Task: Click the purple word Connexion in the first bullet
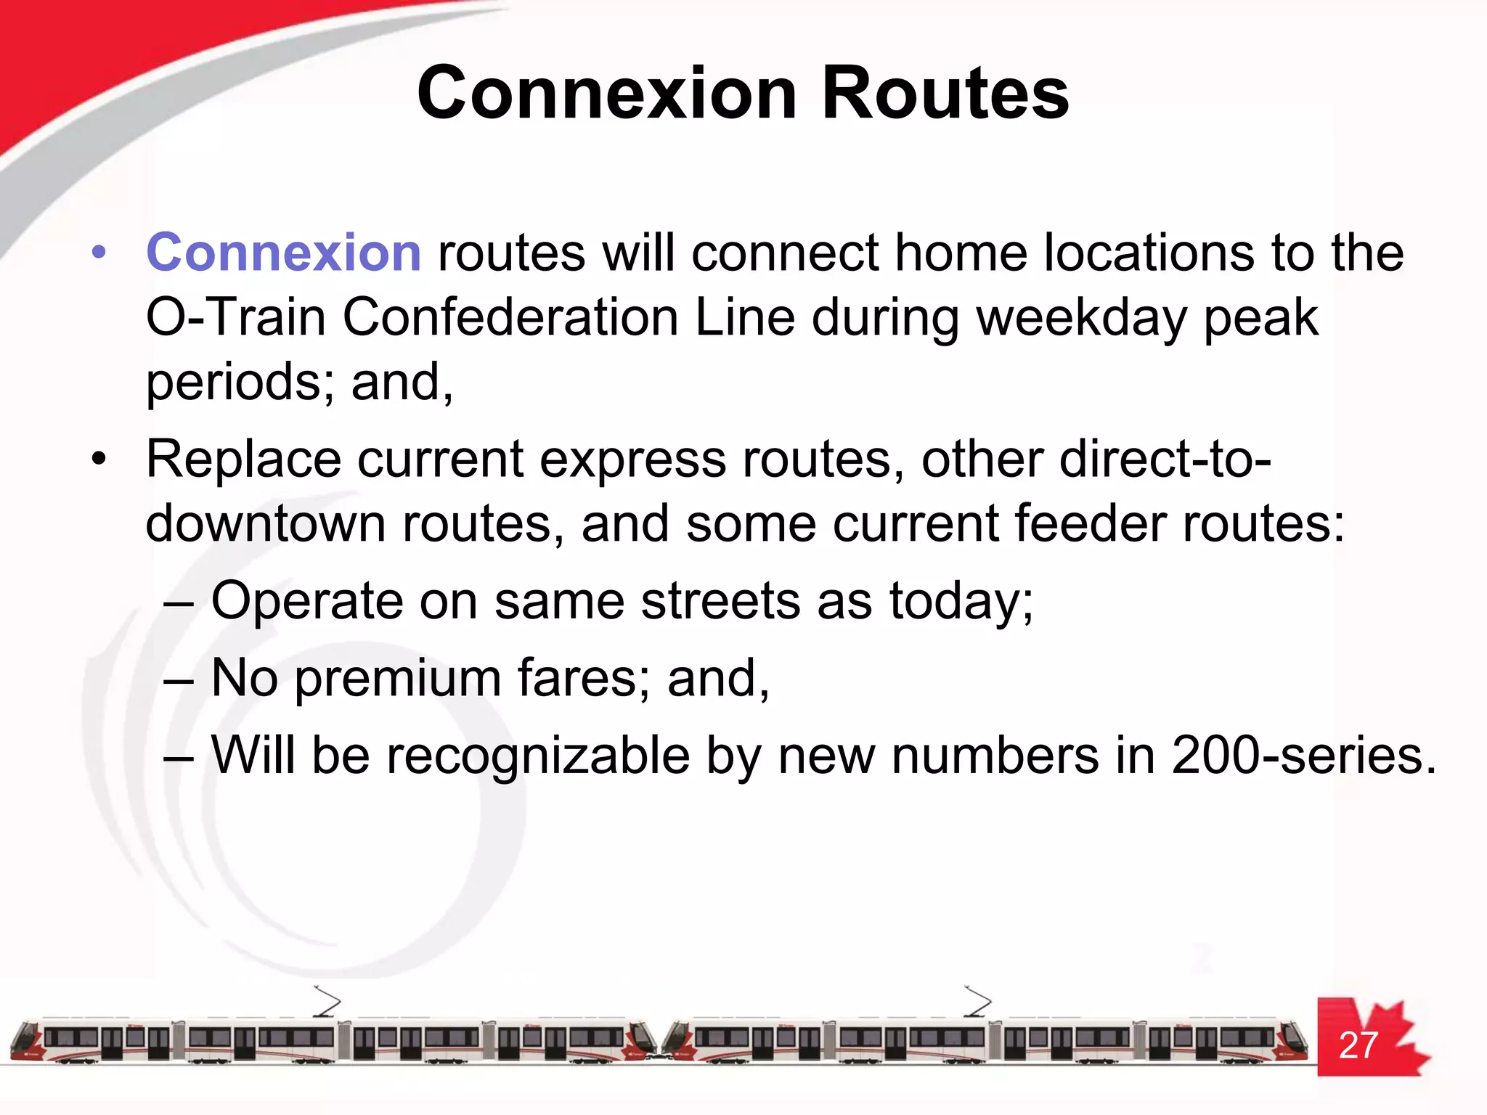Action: click(x=283, y=253)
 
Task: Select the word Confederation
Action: click(x=510, y=317)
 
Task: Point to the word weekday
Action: click(x=1081, y=317)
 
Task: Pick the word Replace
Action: click(x=243, y=460)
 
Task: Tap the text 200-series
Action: click(x=1303, y=756)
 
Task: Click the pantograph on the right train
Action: click(x=978, y=1001)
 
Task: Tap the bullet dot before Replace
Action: click(x=99, y=460)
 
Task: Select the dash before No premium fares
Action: click(x=179, y=680)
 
